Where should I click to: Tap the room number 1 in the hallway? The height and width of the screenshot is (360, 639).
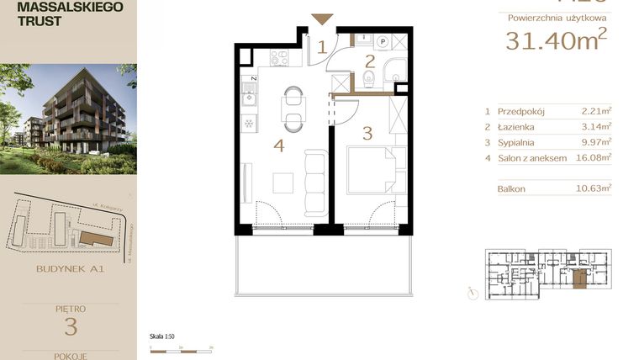click(321, 47)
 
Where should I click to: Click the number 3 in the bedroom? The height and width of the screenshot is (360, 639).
click(367, 132)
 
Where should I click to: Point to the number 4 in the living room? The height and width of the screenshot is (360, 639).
click(278, 146)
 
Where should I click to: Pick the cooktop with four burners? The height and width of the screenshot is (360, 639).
click(277, 58)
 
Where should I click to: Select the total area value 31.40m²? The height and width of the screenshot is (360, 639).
click(556, 40)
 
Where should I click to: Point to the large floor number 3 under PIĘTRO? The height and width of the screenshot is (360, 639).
click(70, 326)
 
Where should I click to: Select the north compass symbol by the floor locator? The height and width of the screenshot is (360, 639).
click(476, 294)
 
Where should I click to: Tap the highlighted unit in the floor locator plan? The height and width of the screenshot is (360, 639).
click(578, 279)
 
